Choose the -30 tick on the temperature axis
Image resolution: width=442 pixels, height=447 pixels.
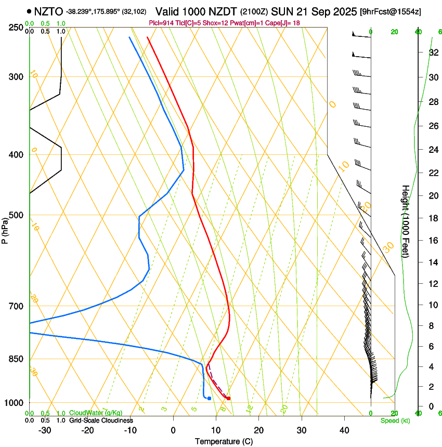coord(45,430)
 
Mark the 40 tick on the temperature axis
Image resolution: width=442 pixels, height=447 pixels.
coord(344,430)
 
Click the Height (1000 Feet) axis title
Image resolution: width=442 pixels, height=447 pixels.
coord(406,221)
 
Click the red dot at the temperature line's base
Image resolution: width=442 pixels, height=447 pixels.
coord(228,398)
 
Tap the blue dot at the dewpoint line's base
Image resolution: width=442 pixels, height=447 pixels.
coord(209,398)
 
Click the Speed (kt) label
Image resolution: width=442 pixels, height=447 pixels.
coord(395,420)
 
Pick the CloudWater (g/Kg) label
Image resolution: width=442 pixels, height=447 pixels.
coord(96,413)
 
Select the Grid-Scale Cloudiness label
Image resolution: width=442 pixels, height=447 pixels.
coord(101,420)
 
